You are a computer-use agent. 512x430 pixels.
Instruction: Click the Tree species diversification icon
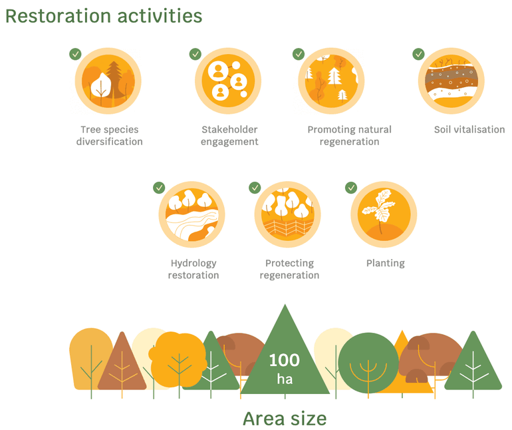(x=108, y=81)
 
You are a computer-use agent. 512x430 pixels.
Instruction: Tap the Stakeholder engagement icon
(x=228, y=81)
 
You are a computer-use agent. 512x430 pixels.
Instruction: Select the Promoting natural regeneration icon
(x=331, y=81)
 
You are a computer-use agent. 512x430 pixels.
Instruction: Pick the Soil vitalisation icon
(x=451, y=81)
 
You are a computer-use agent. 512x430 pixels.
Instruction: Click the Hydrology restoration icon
(x=192, y=214)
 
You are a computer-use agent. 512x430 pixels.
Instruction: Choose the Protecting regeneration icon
(x=288, y=214)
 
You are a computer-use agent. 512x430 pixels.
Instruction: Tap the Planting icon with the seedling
(x=384, y=214)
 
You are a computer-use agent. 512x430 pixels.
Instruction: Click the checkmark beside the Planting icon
(x=351, y=188)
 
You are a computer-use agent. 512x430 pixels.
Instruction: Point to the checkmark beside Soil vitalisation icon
(x=419, y=54)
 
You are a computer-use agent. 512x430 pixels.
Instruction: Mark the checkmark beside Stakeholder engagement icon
(x=195, y=54)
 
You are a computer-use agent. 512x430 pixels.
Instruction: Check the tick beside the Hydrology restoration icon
(x=159, y=188)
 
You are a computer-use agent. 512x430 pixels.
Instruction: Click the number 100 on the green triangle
(x=285, y=360)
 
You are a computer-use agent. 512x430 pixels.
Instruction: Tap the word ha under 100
(x=285, y=379)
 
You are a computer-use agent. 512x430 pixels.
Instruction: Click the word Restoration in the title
(x=58, y=16)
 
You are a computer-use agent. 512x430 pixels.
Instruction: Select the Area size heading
(x=285, y=419)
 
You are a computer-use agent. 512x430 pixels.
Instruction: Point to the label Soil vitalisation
(x=469, y=130)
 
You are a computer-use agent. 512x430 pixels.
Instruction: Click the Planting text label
(x=385, y=263)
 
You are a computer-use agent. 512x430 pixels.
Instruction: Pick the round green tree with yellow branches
(x=368, y=363)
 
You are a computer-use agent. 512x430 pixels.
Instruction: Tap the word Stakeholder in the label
(x=229, y=130)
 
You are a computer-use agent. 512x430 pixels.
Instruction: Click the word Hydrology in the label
(x=193, y=264)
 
